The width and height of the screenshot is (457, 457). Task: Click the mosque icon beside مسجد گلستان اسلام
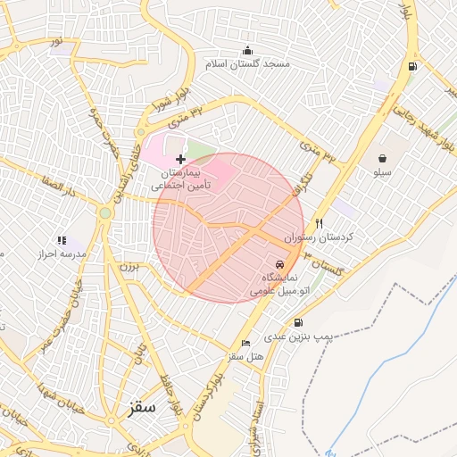(x=247, y=50)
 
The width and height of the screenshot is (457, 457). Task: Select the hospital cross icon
(x=181, y=158)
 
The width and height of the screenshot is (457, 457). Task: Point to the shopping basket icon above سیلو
(x=382, y=158)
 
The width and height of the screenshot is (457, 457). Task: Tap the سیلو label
(x=382, y=173)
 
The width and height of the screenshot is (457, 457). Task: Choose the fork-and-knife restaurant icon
(x=319, y=223)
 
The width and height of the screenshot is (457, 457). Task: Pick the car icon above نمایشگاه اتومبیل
(x=280, y=264)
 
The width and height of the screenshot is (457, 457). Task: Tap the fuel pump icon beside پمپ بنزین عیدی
(x=297, y=322)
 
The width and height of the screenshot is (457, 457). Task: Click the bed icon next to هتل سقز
(x=246, y=343)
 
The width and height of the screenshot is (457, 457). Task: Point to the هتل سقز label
(x=246, y=357)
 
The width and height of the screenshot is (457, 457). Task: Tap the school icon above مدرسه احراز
(x=62, y=240)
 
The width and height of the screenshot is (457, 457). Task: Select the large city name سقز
(x=141, y=407)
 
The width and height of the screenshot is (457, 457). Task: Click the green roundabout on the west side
(x=105, y=212)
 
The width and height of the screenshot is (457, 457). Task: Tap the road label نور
(x=56, y=41)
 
